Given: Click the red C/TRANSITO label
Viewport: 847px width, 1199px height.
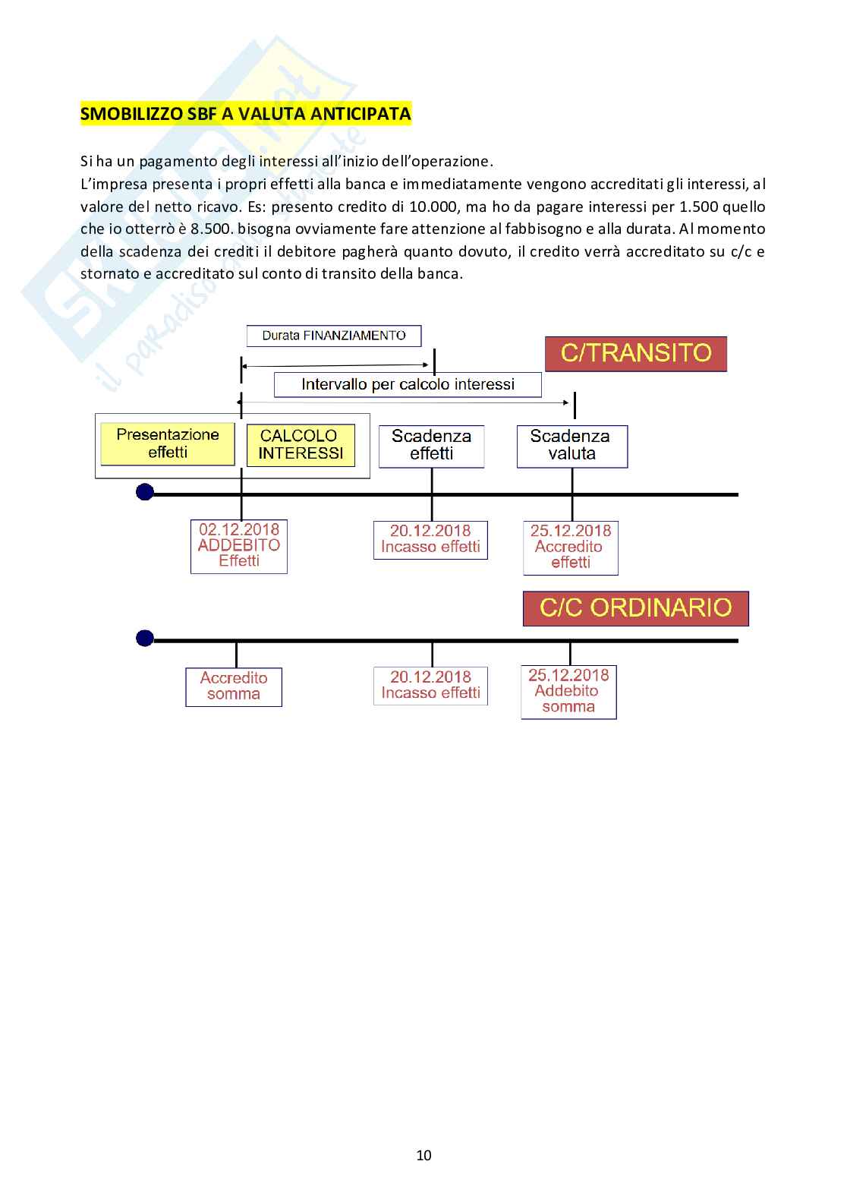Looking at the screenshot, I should tap(635, 354).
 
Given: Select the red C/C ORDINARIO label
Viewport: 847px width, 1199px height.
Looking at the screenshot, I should tap(635, 608).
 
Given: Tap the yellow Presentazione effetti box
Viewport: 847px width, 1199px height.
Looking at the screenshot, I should tap(168, 443).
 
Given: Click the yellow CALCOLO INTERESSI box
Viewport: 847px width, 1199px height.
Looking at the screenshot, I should tap(301, 445).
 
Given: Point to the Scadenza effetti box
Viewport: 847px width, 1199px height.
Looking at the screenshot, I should tap(431, 446).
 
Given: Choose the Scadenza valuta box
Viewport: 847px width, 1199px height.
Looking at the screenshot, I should tap(571, 446).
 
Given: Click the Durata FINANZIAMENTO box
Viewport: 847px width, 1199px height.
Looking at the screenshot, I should tap(334, 336).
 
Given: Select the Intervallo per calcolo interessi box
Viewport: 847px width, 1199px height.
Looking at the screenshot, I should tap(408, 385).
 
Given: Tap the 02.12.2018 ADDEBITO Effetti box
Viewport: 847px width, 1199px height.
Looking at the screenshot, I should tap(239, 545).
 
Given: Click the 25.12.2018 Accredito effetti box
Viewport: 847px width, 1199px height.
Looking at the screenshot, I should tap(571, 547).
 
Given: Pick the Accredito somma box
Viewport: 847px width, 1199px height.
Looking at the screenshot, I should tap(234, 686).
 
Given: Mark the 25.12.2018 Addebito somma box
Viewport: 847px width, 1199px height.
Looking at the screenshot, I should tap(568, 691).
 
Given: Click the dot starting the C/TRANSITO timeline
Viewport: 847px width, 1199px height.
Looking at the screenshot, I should tap(145, 493).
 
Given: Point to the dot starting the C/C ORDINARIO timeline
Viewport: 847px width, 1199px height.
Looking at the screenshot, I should tap(145, 639).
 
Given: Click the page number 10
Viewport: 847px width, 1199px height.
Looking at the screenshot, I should tap(423, 1155).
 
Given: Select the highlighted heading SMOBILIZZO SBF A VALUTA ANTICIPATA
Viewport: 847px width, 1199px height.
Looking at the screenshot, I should tap(246, 115).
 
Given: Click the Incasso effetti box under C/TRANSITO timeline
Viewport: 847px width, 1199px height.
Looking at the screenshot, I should tap(430, 539).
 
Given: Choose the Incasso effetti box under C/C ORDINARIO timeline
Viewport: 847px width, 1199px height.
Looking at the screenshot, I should tap(430, 685).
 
